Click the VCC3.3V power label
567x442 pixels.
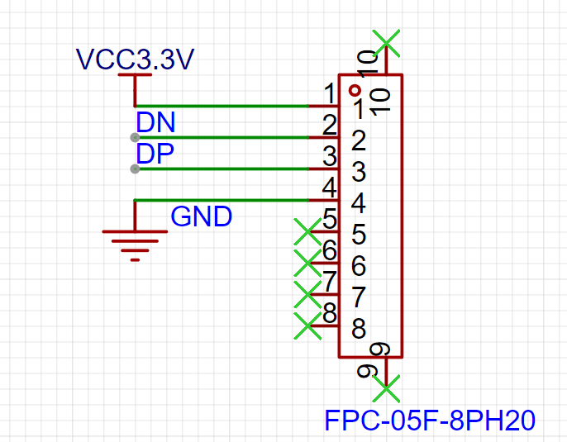coord(135,59)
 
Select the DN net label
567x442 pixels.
coord(155,122)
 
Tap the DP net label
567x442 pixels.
coord(155,154)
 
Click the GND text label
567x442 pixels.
coord(201,216)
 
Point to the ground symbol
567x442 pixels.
coord(135,240)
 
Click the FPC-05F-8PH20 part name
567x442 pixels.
coord(430,420)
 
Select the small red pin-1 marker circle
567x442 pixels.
coord(355,90)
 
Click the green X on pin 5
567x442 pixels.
coord(307,231)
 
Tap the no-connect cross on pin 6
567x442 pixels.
coord(307,263)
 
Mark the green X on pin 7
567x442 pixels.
coord(307,295)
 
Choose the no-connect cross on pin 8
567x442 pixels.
coord(307,326)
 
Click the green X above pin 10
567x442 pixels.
coord(386,43)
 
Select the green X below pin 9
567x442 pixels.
coord(386,389)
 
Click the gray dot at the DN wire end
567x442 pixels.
coord(135,137)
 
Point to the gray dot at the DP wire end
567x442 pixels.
coord(135,169)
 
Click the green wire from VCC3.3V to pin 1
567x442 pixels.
coord(222,106)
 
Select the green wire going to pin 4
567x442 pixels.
coord(222,200)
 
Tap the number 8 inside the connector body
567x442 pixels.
coord(359,329)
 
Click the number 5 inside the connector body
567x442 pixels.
coord(359,234)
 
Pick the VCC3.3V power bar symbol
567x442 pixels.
coord(135,75)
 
